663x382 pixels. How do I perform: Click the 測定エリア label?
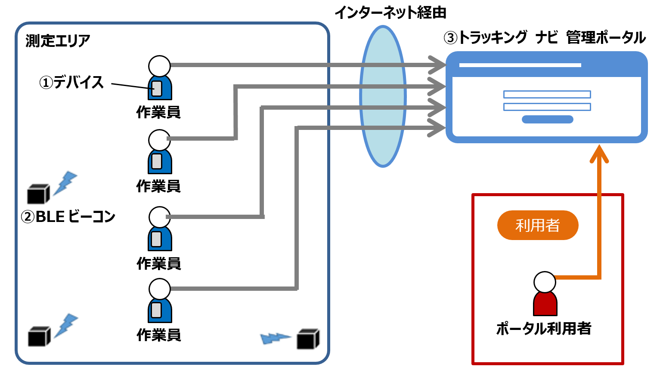(x=58, y=41)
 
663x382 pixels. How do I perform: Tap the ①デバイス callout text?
(x=72, y=82)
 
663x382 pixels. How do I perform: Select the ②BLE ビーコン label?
(x=68, y=216)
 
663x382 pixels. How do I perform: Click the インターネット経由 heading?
(x=390, y=12)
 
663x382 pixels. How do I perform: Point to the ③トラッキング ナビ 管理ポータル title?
(x=545, y=37)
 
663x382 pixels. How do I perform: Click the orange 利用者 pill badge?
(x=537, y=225)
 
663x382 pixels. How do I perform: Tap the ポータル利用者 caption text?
(x=544, y=329)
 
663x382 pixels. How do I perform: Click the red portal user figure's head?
(x=545, y=282)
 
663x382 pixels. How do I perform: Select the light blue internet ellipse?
(x=383, y=96)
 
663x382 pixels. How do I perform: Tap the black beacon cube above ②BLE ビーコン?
(x=38, y=194)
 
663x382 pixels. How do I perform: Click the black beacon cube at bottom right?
(x=308, y=339)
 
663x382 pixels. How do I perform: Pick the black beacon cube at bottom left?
(x=39, y=336)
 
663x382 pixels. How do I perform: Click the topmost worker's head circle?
(x=160, y=66)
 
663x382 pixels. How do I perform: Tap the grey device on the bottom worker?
(x=157, y=310)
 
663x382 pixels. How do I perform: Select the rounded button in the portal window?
(x=547, y=120)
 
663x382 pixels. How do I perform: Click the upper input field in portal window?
(x=547, y=95)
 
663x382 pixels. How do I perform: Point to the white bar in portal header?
(x=520, y=65)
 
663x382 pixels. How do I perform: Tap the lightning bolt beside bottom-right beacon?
(x=276, y=338)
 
